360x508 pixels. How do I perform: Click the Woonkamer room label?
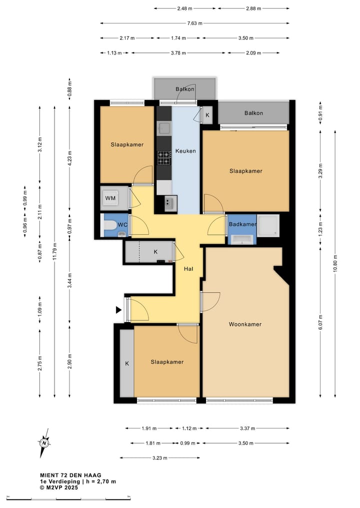[x=245, y=324]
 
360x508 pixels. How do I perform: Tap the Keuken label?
[x=185, y=151]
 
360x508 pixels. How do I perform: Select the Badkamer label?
[x=242, y=224]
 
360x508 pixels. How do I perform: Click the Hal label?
[x=188, y=269]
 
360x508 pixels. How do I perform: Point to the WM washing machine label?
[x=110, y=198]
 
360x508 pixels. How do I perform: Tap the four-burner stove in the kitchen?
[x=164, y=158]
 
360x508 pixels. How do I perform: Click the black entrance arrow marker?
[x=118, y=310]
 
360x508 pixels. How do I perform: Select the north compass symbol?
[x=44, y=443]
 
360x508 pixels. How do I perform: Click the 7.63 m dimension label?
[x=194, y=23]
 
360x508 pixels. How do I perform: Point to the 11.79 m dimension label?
[x=54, y=251]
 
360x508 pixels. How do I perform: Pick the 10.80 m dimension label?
[x=335, y=263]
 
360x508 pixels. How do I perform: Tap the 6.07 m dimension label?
[x=320, y=322]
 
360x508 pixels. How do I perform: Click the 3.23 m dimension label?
[x=160, y=458]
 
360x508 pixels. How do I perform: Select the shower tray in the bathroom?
[x=268, y=224]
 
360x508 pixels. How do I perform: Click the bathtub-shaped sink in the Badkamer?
[x=242, y=240]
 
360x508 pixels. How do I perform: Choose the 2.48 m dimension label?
[x=185, y=8]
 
